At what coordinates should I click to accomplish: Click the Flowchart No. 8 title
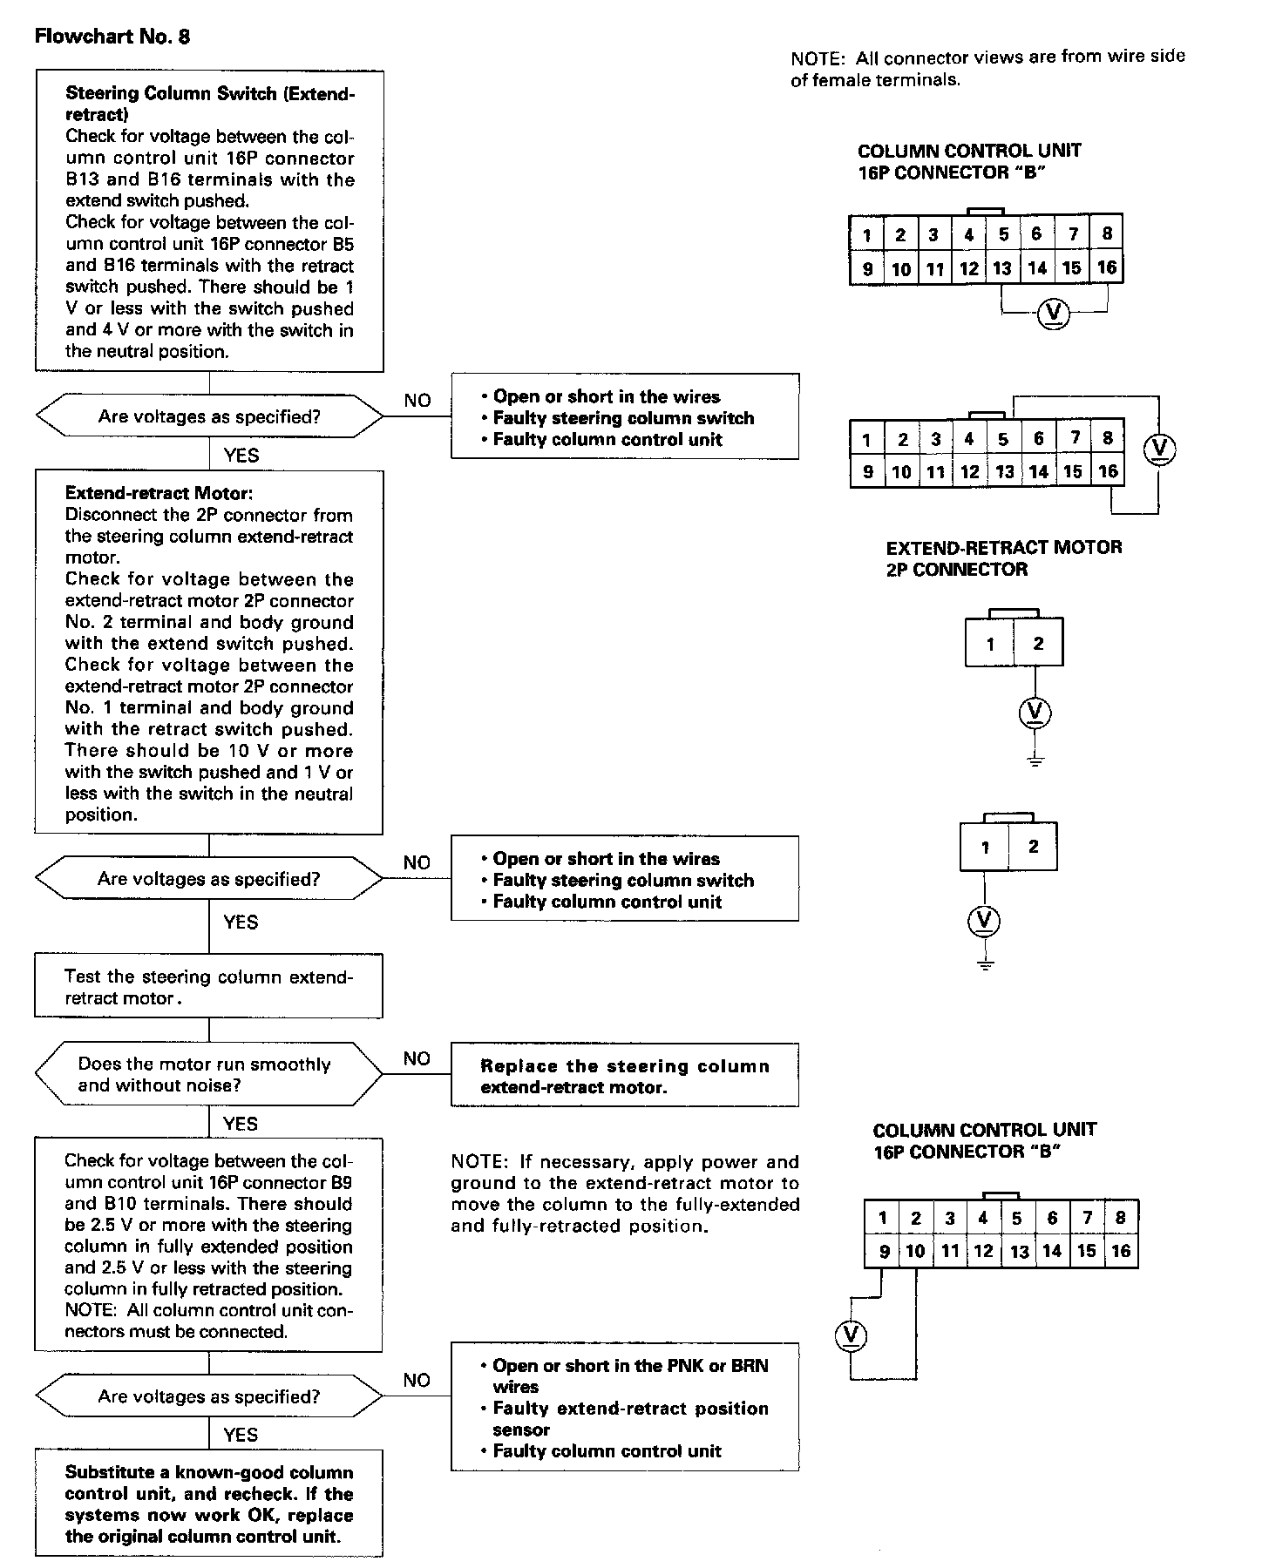(x=112, y=37)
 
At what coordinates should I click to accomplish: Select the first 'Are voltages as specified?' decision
(x=209, y=417)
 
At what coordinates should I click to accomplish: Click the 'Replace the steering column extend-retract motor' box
(x=624, y=1076)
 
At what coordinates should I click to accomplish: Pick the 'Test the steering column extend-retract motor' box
(x=208, y=987)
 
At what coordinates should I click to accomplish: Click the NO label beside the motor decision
(x=417, y=1058)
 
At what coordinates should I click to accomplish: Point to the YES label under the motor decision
(x=240, y=1124)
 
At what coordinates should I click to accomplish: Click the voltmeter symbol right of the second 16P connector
(x=1158, y=449)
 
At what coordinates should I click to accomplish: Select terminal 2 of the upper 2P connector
(x=1038, y=644)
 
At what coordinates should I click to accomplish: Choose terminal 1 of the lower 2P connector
(x=985, y=847)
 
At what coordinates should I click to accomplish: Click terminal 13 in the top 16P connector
(x=1002, y=268)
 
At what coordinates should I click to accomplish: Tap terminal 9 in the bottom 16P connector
(x=884, y=1252)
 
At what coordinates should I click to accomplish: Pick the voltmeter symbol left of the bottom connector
(x=851, y=1335)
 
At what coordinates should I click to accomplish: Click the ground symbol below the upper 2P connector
(x=1035, y=760)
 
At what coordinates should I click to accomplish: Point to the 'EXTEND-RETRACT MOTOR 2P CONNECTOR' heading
(x=1003, y=558)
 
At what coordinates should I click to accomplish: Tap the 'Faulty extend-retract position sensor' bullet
(x=630, y=1418)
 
